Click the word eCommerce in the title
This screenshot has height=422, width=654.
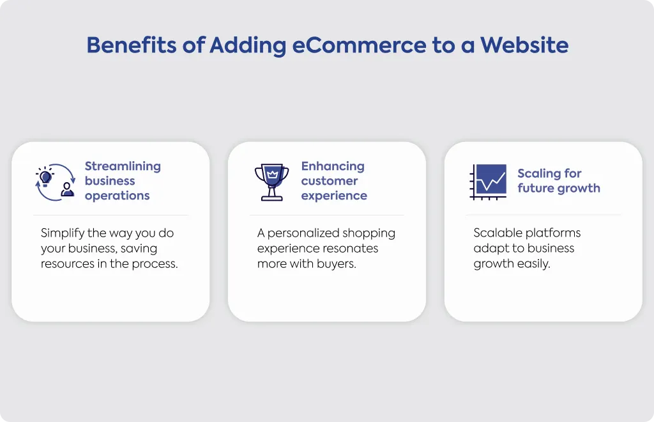click(359, 45)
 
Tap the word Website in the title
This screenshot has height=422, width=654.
click(524, 45)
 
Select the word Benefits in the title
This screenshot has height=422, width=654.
click(132, 45)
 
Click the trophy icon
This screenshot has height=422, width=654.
click(272, 182)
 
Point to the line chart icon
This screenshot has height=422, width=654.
click(489, 182)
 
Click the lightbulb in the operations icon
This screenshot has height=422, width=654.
click(45, 177)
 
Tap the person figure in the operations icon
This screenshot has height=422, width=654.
click(67, 189)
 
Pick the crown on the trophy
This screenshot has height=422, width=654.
click(272, 174)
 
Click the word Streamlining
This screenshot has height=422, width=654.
click(123, 166)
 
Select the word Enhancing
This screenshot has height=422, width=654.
click(333, 166)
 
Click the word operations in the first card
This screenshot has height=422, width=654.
click(118, 196)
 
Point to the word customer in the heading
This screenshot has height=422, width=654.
click(330, 181)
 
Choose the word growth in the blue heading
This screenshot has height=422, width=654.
click(579, 188)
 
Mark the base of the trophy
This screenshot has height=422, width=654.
click(272, 198)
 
